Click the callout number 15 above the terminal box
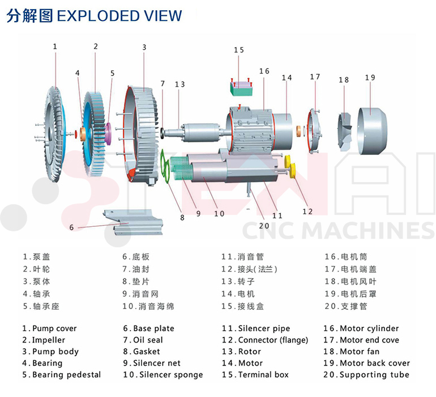click(238, 50)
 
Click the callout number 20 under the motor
click(263, 225)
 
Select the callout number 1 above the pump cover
click(55, 47)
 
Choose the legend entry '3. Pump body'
click(50, 352)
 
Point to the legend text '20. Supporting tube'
click(366, 374)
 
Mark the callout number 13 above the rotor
click(179, 85)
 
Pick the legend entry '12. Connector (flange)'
click(265, 340)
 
